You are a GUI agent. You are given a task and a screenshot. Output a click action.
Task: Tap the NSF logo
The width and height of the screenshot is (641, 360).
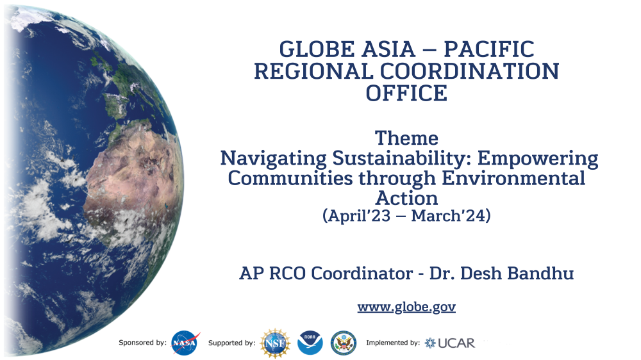(275, 343)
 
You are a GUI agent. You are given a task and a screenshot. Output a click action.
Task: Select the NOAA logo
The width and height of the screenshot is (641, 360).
(310, 343)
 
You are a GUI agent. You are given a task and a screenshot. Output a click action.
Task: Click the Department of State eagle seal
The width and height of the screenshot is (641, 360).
(344, 343)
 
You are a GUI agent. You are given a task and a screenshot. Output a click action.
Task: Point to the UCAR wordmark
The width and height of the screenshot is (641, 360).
(456, 343)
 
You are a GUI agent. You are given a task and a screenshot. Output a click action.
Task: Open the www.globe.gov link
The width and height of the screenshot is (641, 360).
(406, 307)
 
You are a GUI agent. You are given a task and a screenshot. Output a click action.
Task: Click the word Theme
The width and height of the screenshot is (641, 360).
(406, 138)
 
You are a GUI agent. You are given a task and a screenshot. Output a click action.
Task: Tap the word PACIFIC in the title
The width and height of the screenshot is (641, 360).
(489, 49)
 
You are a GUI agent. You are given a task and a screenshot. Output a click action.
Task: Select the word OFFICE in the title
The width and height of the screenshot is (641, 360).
(406, 93)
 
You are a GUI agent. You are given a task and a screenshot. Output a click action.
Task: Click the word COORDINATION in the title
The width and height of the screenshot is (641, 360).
(470, 72)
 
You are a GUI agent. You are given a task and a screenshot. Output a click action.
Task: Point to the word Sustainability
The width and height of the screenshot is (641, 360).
(399, 158)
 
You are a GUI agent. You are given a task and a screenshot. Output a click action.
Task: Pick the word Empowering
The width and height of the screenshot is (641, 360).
(538, 159)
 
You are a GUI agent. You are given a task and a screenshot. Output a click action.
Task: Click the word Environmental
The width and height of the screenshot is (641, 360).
(513, 178)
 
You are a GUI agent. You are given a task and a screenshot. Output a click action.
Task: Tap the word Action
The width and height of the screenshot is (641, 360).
(406, 198)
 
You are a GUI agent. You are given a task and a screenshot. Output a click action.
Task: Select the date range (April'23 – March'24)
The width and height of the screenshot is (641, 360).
(406, 216)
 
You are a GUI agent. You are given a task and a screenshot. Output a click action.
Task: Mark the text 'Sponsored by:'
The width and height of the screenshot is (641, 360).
(142, 343)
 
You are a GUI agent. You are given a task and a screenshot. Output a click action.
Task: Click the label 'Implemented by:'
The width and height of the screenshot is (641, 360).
(393, 343)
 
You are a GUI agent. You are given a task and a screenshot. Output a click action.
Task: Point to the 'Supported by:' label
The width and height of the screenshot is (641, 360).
(232, 343)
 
